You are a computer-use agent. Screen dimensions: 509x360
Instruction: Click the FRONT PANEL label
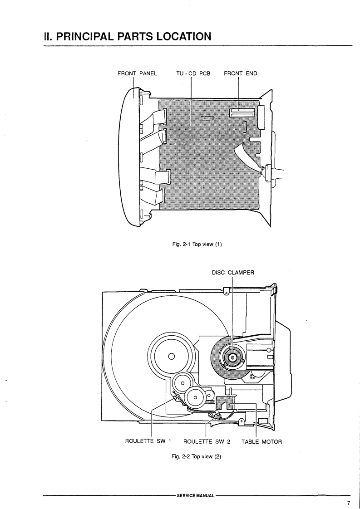pos(137,73)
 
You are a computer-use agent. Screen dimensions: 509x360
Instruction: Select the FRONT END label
pos(241,73)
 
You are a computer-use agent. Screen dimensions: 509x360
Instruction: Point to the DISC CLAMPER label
pos(233,273)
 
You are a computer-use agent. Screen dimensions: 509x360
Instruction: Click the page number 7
pos(349,503)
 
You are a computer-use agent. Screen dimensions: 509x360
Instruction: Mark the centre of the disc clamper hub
pos(232,358)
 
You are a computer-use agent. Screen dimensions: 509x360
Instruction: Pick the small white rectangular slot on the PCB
pos(207,119)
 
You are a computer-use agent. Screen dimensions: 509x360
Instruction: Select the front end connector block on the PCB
pos(243,113)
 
